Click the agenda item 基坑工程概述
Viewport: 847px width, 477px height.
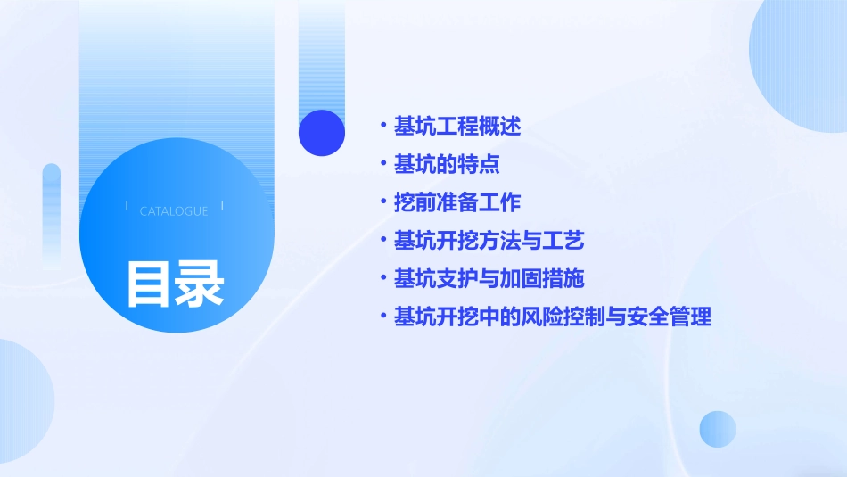[457, 127]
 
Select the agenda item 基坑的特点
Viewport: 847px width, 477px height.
[447, 165]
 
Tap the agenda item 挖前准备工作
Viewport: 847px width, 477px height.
[457, 202]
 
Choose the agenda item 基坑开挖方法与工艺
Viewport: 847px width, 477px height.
[489, 241]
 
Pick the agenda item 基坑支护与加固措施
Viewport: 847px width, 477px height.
[489, 279]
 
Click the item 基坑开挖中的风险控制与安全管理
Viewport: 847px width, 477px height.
[553, 317]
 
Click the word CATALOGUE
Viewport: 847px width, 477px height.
[174, 211]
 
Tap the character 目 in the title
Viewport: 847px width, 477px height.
[148, 284]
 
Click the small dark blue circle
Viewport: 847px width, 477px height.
[322, 133]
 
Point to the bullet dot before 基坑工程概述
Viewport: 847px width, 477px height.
[382, 126]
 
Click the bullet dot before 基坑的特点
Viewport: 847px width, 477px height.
[382, 164]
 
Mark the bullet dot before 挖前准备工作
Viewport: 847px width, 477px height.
[382, 202]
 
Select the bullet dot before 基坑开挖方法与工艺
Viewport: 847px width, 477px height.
[382, 240]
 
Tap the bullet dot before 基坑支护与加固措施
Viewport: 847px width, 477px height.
[382, 278]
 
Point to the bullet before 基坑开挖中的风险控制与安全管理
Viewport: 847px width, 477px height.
[382, 317]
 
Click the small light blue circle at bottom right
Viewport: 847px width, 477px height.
[718, 429]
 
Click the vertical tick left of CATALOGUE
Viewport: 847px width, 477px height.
[127, 207]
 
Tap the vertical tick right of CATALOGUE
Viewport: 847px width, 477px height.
[222, 207]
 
